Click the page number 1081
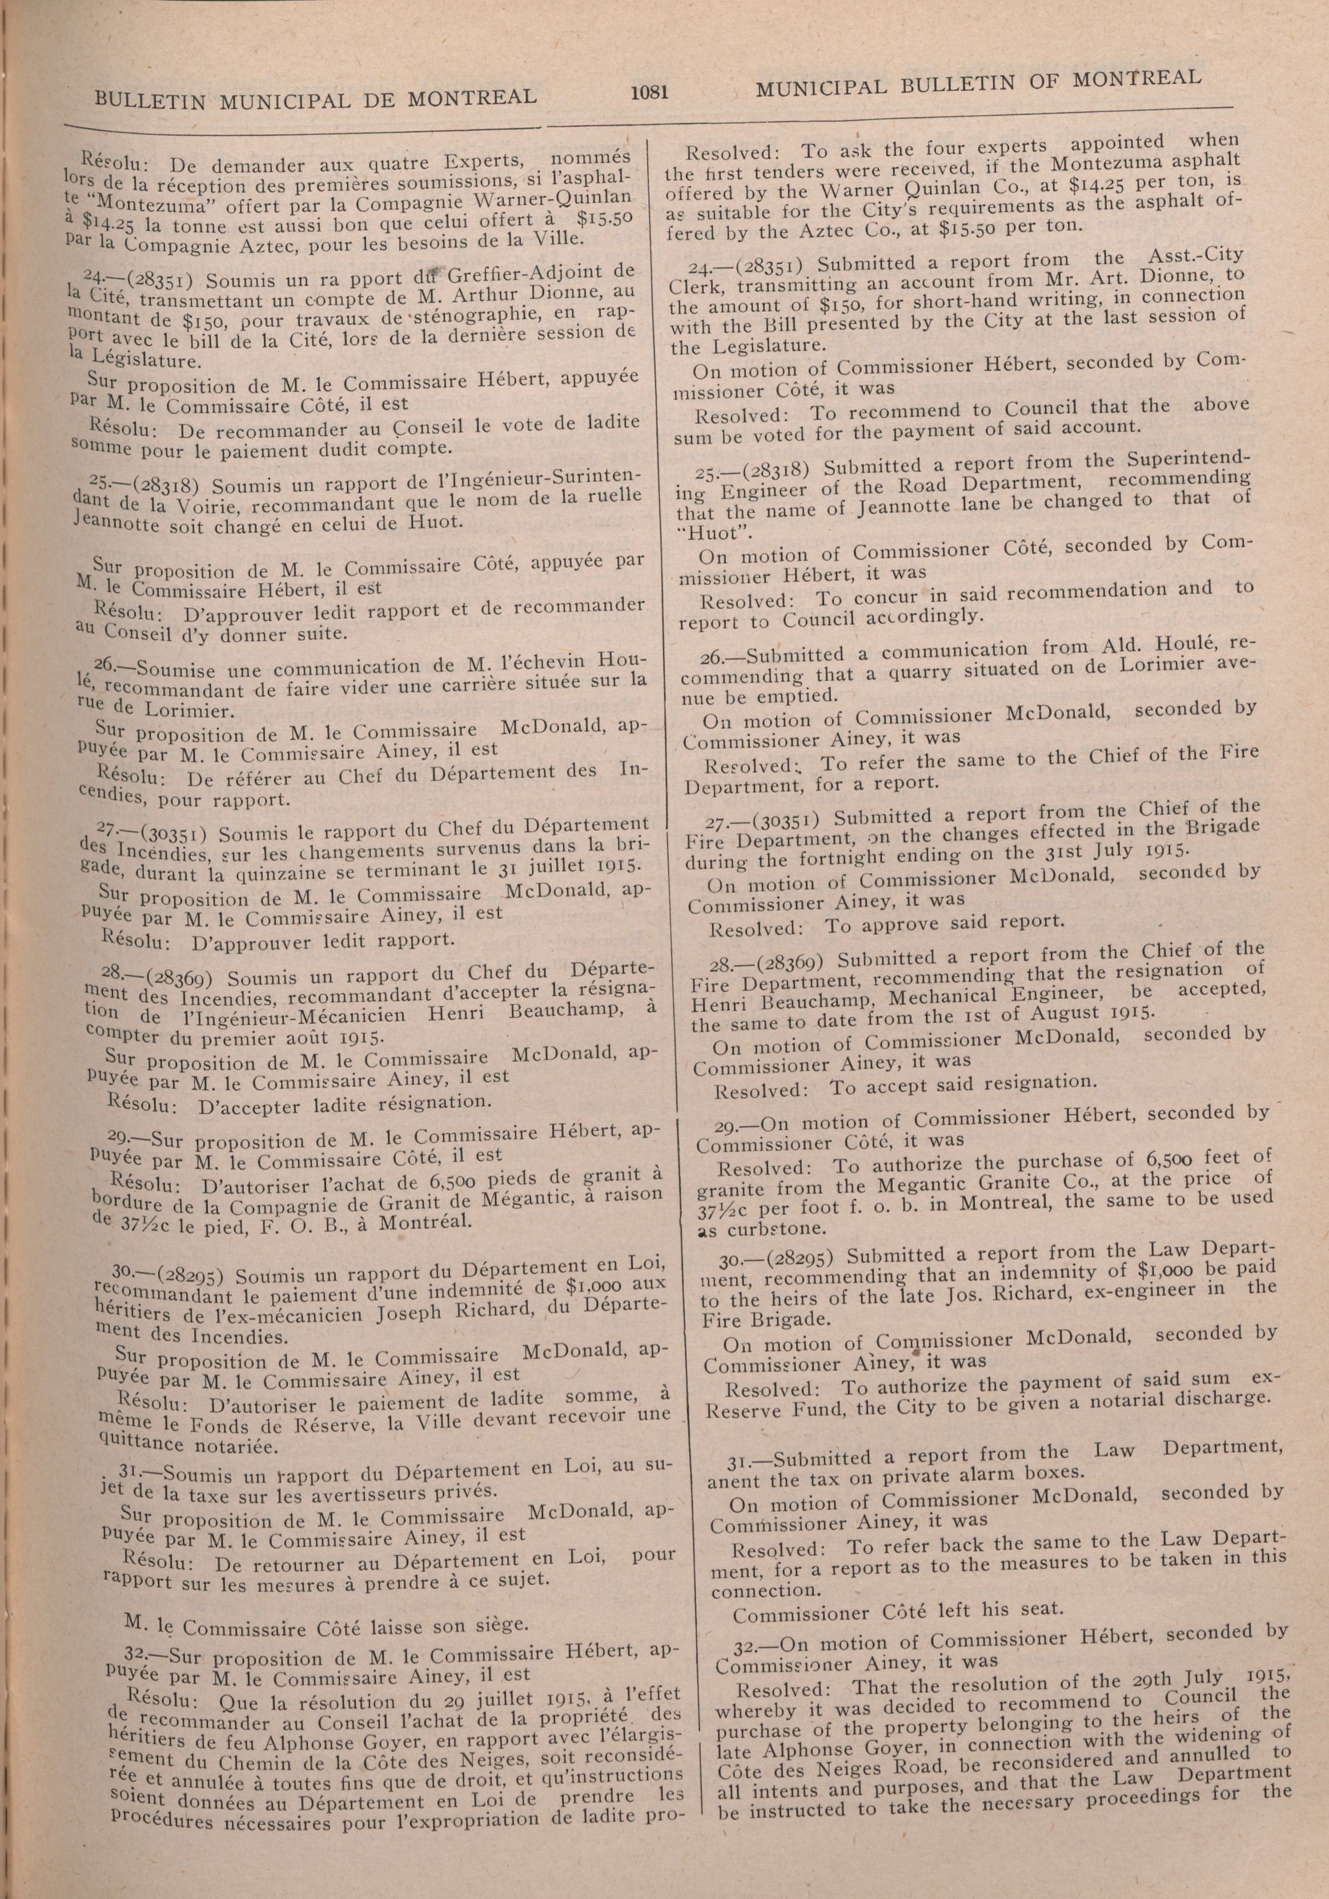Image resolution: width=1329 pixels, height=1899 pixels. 648,93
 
